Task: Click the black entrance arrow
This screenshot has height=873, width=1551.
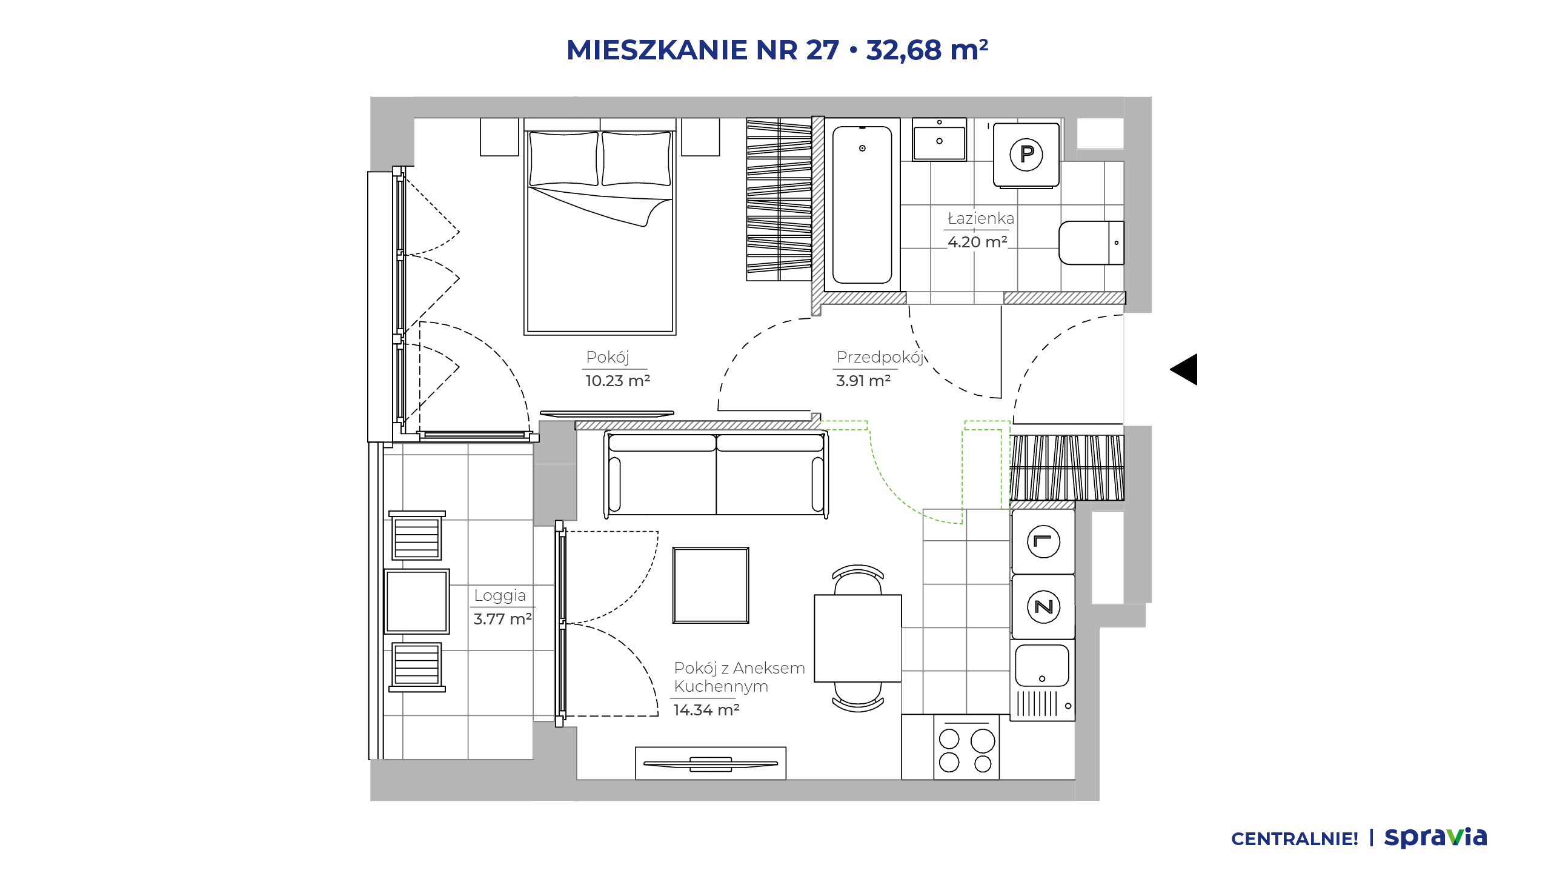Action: [1184, 369]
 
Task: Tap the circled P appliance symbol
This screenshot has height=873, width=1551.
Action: [1026, 155]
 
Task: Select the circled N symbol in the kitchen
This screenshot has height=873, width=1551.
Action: [1044, 606]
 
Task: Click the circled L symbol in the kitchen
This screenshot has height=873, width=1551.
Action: [1044, 541]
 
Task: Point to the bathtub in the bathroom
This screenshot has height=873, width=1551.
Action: [862, 204]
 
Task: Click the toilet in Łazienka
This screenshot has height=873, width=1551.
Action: [1091, 242]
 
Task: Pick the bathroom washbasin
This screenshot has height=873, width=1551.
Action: [939, 139]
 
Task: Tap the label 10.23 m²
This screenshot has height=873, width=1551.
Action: [617, 381]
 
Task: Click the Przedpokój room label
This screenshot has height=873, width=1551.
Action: [880, 357]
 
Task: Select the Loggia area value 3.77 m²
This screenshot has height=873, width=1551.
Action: [502, 619]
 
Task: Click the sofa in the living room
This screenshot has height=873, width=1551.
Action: [716, 473]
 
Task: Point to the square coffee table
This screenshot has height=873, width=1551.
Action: [711, 585]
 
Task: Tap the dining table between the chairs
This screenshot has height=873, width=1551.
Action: [858, 638]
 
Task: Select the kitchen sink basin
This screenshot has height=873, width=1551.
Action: [1042, 665]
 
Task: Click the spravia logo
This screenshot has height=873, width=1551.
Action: [1436, 837]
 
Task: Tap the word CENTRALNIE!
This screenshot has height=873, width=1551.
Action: [1295, 839]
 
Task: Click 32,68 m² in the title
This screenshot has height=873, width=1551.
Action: [927, 50]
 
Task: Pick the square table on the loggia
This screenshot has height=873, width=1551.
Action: [417, 601]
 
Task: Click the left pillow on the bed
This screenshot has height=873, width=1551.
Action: [563, 158]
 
